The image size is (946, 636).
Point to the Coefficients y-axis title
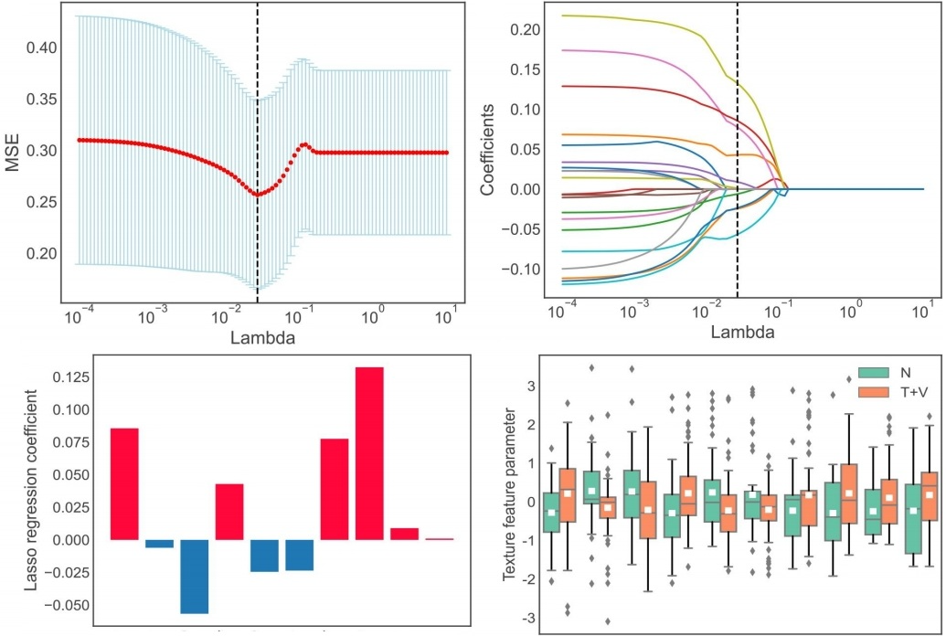click(488, 150)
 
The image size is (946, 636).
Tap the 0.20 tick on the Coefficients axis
click(529, 29)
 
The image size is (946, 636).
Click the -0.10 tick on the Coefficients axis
click(526, 270)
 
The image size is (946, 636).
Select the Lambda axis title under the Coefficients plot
click(741, 333)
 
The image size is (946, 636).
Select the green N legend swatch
click(872, 372)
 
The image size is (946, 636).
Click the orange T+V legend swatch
click(872, 391)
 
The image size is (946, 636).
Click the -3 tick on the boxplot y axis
click(527, 619)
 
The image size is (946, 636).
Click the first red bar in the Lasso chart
click(124, 483)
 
